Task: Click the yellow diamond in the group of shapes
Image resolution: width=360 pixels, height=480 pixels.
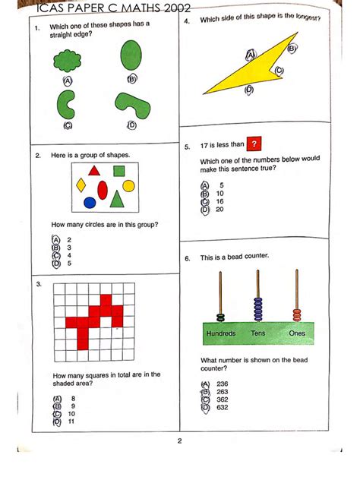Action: point(81,185)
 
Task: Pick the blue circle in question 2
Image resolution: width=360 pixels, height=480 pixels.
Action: point(90,203)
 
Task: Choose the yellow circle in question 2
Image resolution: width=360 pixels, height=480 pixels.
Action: point(128,185)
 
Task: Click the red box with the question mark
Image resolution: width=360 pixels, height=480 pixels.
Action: point(255,144)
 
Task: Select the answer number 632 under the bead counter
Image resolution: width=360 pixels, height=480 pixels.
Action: point(222,408)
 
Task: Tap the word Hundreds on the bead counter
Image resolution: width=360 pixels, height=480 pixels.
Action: point(220,333)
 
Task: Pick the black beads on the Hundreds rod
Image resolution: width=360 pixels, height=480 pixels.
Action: point(220,317)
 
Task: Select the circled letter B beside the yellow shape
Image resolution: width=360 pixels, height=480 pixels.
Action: point(292,49)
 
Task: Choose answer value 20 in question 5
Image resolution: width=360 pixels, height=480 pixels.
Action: point(220,210)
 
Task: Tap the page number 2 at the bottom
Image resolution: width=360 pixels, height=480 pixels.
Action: point(179,442)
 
